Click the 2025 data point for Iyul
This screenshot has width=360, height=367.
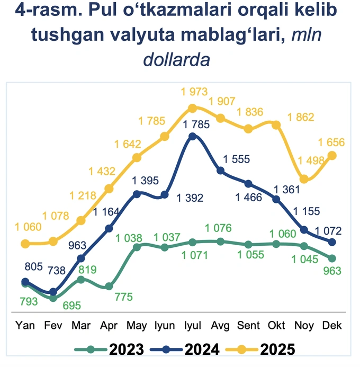193,108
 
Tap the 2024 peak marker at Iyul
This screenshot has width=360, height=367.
193,136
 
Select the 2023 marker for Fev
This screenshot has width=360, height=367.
53,298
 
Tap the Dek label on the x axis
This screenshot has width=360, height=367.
332,326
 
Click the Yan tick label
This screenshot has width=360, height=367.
25,326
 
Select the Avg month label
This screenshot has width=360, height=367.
221,326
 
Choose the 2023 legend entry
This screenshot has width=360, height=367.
109,350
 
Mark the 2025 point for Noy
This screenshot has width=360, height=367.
304,180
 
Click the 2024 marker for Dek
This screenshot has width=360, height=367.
332,242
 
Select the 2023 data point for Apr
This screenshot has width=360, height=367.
109,286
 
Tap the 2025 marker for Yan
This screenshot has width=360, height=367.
25,244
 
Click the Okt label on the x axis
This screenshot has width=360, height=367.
276,326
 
